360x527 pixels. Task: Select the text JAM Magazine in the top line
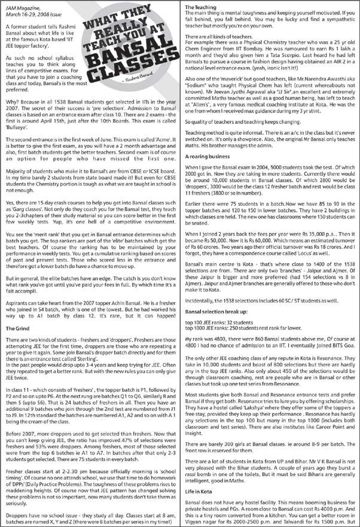[x=22, y=6]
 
